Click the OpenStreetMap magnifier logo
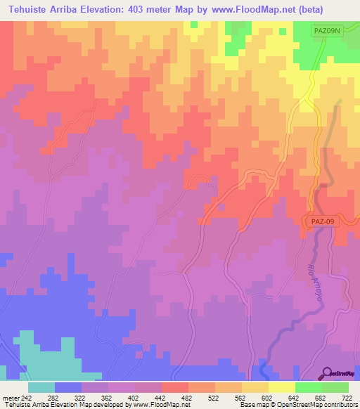coord(328,373)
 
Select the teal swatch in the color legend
coord(41,387)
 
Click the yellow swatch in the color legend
coord(281,387)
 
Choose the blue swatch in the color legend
coord(68,387)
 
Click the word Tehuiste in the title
coord(33,8)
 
